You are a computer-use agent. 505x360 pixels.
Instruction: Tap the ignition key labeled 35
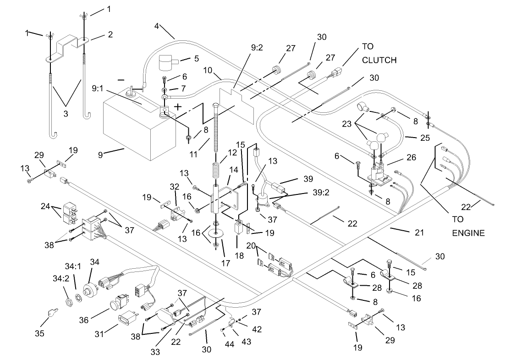(50, 314)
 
